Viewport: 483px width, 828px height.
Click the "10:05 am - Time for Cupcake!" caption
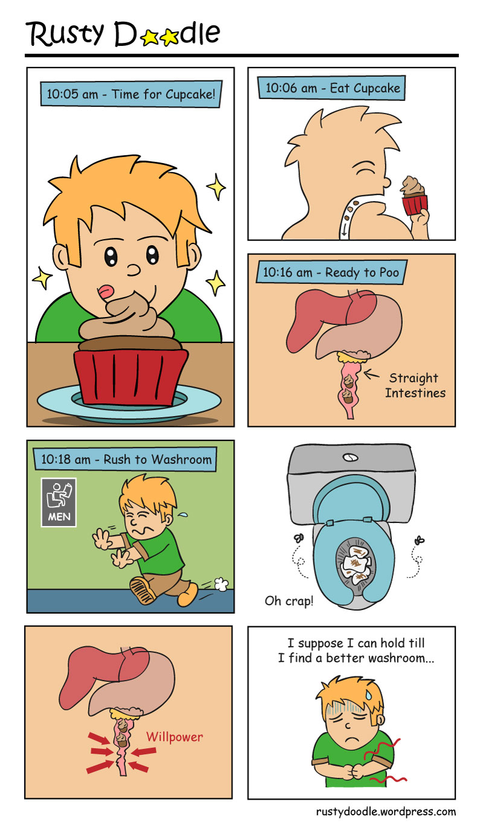coord(131,94)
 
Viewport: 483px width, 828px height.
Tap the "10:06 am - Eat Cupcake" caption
coord(331,88)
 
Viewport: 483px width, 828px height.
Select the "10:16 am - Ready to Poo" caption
coord(331,272)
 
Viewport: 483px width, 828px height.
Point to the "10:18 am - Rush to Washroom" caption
coord(125,459)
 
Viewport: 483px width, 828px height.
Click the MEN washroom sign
coord(59,502)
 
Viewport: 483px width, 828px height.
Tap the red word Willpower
coord(174,737)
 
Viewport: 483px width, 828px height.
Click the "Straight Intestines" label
coord(415,385)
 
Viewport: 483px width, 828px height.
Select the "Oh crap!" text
coord(289,601)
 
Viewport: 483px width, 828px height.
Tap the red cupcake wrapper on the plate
coord(130,376)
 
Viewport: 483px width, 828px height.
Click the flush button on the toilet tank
coord(350,458)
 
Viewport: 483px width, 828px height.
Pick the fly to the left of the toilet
coord(299,538)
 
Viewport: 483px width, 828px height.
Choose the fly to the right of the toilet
coord(420,541)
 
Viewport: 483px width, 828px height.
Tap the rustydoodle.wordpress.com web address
coord(386,812)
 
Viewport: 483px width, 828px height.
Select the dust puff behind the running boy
coord(222,583)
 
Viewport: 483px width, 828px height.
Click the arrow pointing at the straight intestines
coord(371,374)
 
